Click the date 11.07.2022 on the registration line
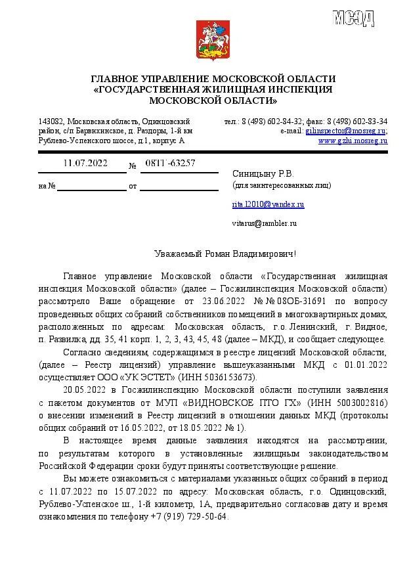point(85,163)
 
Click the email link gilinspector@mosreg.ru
point(345,131)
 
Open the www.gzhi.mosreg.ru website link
point(353,141)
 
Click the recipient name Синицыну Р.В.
point(263,173)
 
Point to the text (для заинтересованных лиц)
point(282,185)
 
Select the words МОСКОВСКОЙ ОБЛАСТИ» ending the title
point(213,100)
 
